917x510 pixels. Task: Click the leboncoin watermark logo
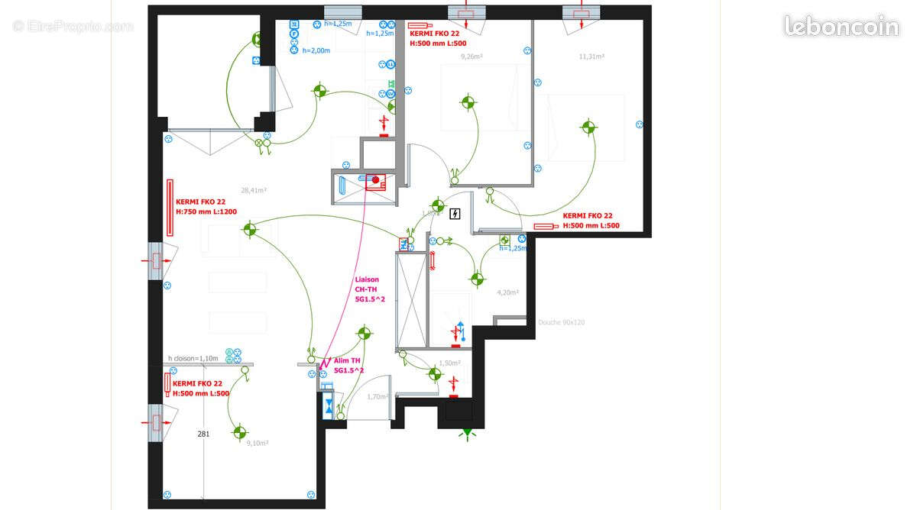(x=841, y=26)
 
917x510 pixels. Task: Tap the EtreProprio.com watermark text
(x=73, y=27)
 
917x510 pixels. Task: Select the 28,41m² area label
(x=254, y=191)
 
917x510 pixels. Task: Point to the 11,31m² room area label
(x=591, y=56)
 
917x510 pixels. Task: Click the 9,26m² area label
(x=472, y=56)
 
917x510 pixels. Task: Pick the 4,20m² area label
(x=508, y=292)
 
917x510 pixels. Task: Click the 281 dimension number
(x=203, y=434)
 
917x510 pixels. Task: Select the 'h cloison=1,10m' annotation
(x=193, y=358)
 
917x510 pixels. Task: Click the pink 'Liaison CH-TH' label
(x=368, y=289)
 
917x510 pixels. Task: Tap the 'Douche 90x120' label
(x=561, y=323)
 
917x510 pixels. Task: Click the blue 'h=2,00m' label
(x=316, y=50)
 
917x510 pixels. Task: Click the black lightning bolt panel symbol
(x=456, y=214)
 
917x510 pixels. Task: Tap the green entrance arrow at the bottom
(x=466, y=434)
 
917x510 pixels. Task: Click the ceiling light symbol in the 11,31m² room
(x=587, y=127)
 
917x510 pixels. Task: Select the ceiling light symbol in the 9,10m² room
(x=240, y=432)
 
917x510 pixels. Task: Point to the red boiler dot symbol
(x=375, y=181)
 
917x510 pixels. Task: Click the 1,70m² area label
(x=377, y=396)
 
